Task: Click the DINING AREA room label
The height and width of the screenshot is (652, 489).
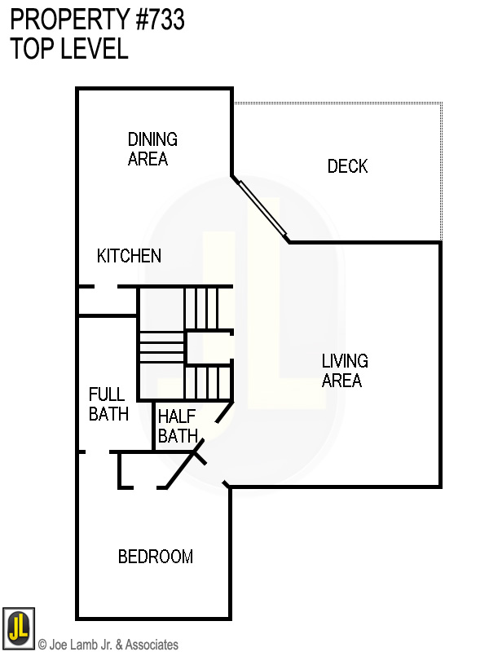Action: [x=152, y=149]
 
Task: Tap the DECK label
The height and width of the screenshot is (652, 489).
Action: [x=347, y=166]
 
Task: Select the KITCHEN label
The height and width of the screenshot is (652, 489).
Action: [x=129, y=256]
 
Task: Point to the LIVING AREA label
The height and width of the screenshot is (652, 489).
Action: [x=345, y=370]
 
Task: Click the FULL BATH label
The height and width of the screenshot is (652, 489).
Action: [x=108, y=404]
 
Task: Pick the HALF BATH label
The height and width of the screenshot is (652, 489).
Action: [x=178, y=426]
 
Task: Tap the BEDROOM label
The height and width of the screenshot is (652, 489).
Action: [x=155, y=557]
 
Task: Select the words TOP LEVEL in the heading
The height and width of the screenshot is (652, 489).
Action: [x=69, y=49]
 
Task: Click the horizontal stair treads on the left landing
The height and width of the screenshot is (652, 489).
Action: [x=161, y=346]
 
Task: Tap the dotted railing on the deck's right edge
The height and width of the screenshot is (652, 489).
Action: [x=442, y=171]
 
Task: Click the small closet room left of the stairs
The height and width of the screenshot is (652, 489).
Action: [x=106, y=301]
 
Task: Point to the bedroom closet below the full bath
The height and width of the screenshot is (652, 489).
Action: [x=143, y=470]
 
